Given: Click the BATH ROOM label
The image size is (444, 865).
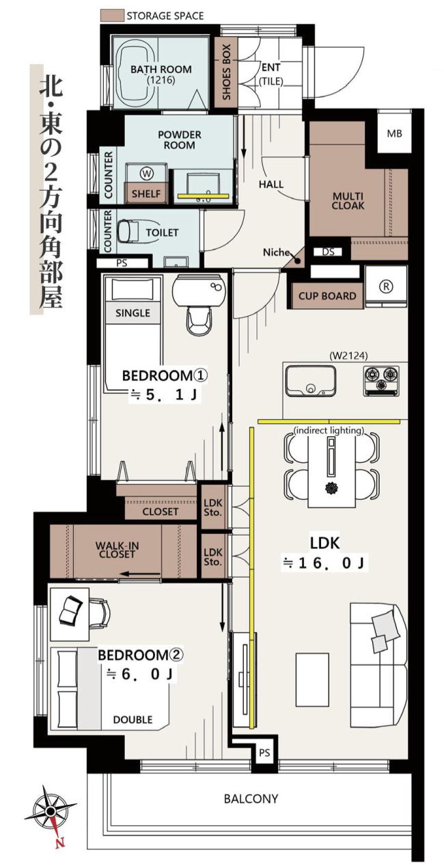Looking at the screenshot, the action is (161, 69).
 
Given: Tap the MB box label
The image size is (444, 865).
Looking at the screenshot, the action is (394, 133).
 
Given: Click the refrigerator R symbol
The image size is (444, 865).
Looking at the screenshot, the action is (386, 286).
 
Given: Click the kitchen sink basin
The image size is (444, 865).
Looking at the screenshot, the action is (310, 381).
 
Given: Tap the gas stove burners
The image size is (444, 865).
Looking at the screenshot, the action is (380, 381).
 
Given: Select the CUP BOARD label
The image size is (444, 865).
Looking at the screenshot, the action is (327, 296).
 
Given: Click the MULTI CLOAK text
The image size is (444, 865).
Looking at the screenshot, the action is (348, 201).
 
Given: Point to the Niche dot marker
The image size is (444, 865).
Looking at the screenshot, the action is (298, 261).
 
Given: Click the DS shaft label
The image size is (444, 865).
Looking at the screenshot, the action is (328, 252).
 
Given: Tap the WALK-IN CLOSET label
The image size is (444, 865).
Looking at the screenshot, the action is (117, 550).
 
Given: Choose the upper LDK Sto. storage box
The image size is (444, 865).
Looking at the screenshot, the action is (212, 507).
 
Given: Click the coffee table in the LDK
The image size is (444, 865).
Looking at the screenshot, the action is (312, 678).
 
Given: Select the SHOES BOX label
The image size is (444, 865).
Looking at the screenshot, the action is (226, 72).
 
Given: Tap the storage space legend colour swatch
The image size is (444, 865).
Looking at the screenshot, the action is (112, 16).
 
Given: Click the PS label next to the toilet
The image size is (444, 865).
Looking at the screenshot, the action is (122, 263).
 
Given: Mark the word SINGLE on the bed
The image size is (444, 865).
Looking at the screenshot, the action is (133, 312).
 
